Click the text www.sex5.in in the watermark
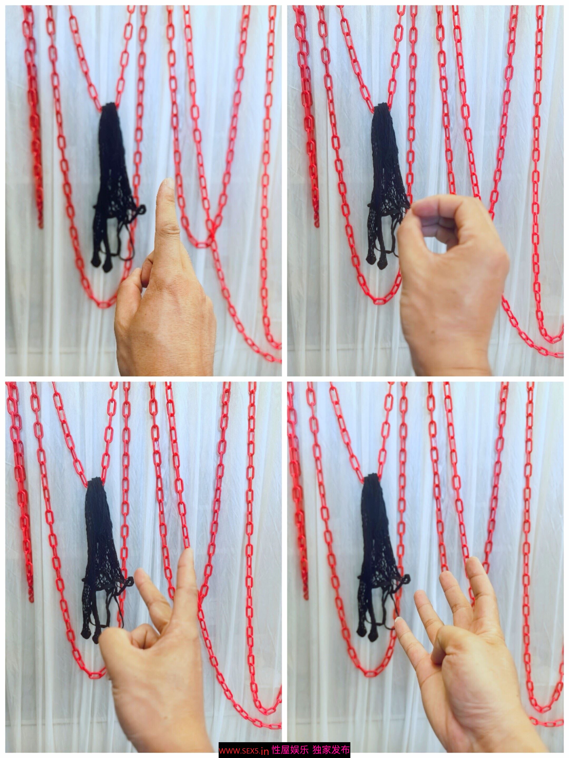point(244,750)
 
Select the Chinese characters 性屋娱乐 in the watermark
point(290,750)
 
